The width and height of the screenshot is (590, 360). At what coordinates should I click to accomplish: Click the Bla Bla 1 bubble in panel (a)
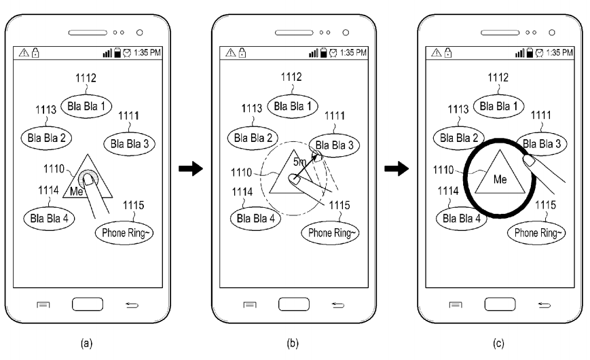click(86, 105)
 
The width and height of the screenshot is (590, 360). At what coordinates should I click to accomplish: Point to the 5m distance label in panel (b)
click(299, 163)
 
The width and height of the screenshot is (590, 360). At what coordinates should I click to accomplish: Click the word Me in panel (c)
click(500, 180)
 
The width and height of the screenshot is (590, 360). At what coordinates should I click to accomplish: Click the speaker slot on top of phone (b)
click(294, 31)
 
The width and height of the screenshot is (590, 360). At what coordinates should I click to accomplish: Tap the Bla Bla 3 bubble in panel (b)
click(331, 145)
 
